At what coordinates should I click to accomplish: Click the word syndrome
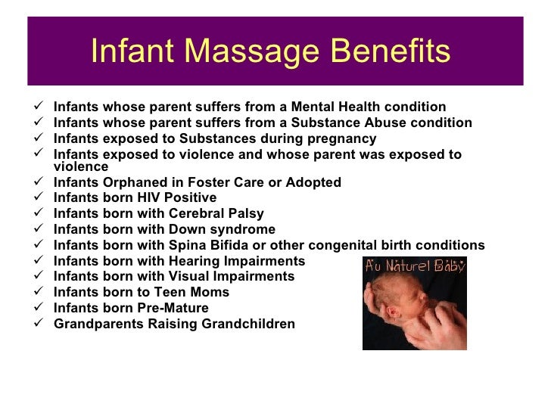[x=244, y=229]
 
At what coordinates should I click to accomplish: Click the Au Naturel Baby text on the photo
[x=414, y=267]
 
